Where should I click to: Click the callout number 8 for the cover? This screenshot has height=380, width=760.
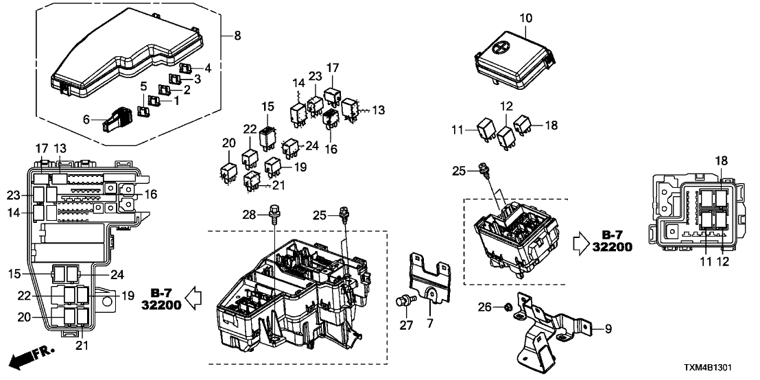237,36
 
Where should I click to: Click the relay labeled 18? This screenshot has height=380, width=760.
524,126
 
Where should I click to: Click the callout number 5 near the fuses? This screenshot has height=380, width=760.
143,86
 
